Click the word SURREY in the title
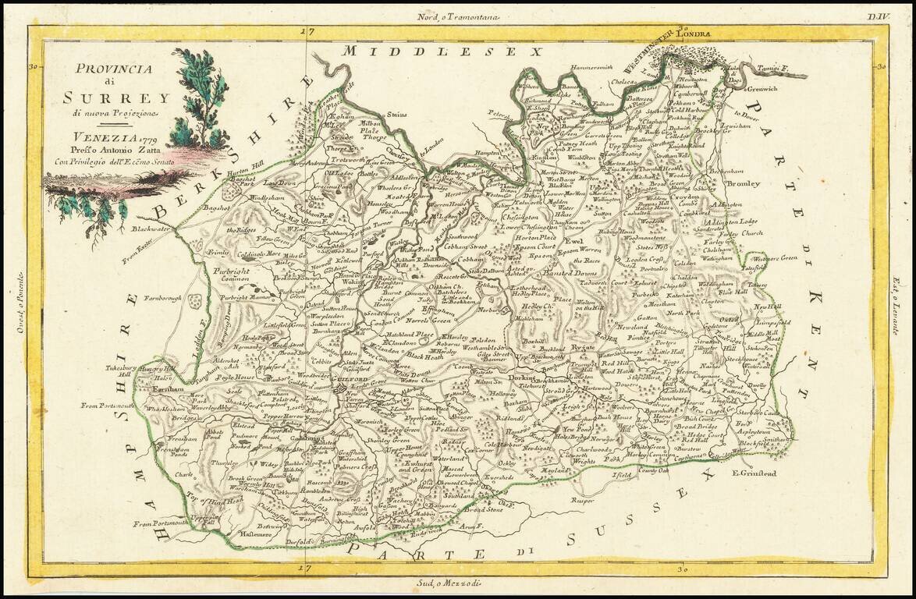[116, 97]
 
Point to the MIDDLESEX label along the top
[443, 51]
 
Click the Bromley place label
[742, 184]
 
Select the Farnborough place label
[163, 297]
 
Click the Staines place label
[397, 115]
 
